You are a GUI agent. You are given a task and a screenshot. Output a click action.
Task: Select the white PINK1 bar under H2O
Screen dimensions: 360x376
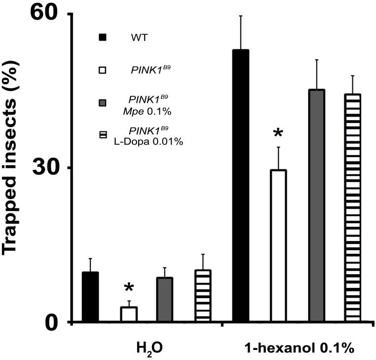point(129,315)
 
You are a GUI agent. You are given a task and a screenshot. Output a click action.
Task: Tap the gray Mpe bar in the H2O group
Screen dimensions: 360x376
point(165,300)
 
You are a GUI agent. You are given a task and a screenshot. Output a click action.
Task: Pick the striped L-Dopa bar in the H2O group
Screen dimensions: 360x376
point(203,296)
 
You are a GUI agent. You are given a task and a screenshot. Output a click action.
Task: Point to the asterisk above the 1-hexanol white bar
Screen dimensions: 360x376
point(278,134)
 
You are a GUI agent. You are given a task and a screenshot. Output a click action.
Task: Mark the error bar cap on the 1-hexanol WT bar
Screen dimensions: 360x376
point(240,16)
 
